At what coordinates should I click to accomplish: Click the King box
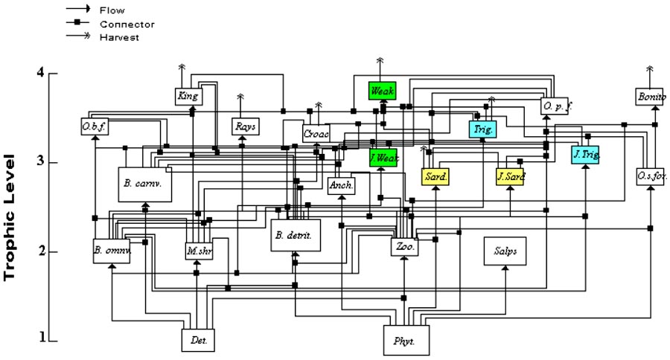click(185, 95)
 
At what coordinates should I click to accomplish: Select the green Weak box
click(382, 91)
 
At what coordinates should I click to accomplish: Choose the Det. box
click(198, 340)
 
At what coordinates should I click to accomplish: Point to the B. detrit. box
click(295, 235)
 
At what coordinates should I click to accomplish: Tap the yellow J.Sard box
click(510, 176)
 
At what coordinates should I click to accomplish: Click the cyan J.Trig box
click(585, 155)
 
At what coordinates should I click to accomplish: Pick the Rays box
click(245, 127)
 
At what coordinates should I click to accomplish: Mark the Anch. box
click(341, 185)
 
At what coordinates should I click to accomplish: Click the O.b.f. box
click(95, 127)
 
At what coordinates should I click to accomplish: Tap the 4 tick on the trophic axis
click(42, 72)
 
